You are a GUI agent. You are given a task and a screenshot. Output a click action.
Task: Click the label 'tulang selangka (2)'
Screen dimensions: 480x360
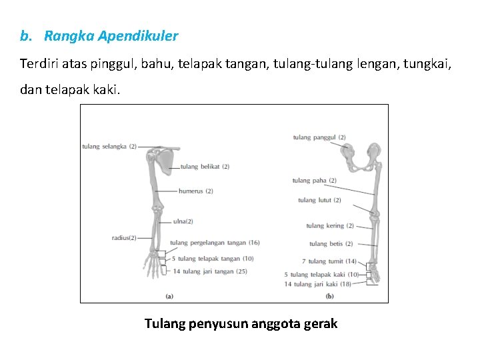click(x=109, y=147)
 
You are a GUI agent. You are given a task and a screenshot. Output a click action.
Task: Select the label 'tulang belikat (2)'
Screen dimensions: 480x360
click(x=205, y=167)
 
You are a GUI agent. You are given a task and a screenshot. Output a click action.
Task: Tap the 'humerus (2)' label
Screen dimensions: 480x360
click(x=195, y=191)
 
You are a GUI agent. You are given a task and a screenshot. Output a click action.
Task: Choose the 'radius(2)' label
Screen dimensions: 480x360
click(x=124, y=238)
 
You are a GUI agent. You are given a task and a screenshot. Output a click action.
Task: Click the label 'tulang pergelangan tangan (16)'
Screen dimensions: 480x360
click(x=215, y=243)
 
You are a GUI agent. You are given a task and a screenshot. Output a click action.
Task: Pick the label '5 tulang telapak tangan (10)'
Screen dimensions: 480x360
click(x=213, y=259)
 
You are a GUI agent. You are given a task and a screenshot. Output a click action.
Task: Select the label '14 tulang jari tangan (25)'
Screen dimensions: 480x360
click(x=210, y=271)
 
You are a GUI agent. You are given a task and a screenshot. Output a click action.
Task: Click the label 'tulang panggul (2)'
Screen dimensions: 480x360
click(x=319, y=137)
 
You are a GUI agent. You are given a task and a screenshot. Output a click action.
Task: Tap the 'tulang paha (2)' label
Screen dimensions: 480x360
click(x=314, y=181)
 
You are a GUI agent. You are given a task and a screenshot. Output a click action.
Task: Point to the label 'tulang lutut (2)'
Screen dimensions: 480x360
click(x=319, y=200)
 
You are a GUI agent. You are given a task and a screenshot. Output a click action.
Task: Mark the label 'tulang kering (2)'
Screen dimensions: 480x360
click(x=330, y=226)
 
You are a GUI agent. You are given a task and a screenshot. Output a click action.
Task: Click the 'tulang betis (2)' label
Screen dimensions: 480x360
click(x=331, y=244)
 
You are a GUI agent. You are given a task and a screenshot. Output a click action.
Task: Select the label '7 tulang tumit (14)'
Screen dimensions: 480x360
click(x=329, y=261)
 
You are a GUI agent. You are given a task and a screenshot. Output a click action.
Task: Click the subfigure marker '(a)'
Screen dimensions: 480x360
click(x=169, y=296)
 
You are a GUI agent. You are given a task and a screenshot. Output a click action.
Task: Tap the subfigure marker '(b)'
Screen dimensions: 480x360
click(x=329, y=296)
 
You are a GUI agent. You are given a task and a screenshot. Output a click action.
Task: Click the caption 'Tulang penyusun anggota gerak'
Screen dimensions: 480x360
click(x=241, y=324)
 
